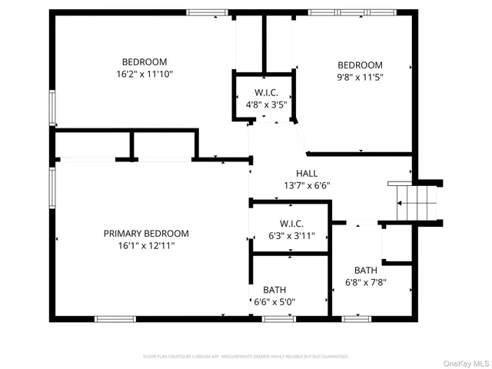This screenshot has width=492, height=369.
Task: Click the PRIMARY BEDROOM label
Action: pyautogui.click(x=146, y=234)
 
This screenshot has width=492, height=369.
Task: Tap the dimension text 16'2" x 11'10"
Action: pyautogui.click(x=145, y=75)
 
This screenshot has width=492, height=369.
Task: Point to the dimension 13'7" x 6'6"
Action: pyautogui.click(x=307, y=185)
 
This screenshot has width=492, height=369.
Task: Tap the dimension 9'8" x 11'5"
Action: pyautogui.click(x=361, y=78)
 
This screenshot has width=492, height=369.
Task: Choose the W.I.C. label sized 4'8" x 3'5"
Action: pyautogui.click(x=265, y=93)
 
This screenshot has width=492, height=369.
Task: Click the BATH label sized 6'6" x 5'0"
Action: pyautogui.click(x=274, y=290)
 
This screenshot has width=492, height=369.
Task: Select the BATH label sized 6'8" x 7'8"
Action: pyautogui.click(x=365, y=270)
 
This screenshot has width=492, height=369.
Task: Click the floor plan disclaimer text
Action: pyautogui.click(x=246, y=357)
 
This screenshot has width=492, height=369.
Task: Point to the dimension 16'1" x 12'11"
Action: pyautogui.click(x=146, y=246)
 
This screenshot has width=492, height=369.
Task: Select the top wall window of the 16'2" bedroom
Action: pyautogui.click(x=208, y=12)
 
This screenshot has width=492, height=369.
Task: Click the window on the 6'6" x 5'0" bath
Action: pyautogui.click(x=279, y=318)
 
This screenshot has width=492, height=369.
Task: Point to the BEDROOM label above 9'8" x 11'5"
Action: pyautogui.click(x=361, y=65)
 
